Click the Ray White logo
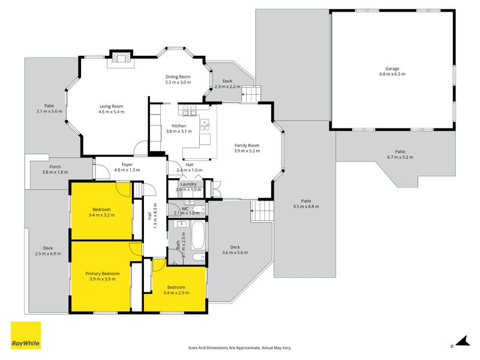(26, 335)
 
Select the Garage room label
(392, 68)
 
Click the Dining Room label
(178, 77)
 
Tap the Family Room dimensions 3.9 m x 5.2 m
(246, 152)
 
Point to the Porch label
(55, 167)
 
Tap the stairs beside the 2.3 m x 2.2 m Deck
(251, 94)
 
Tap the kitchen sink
(205, 125)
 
